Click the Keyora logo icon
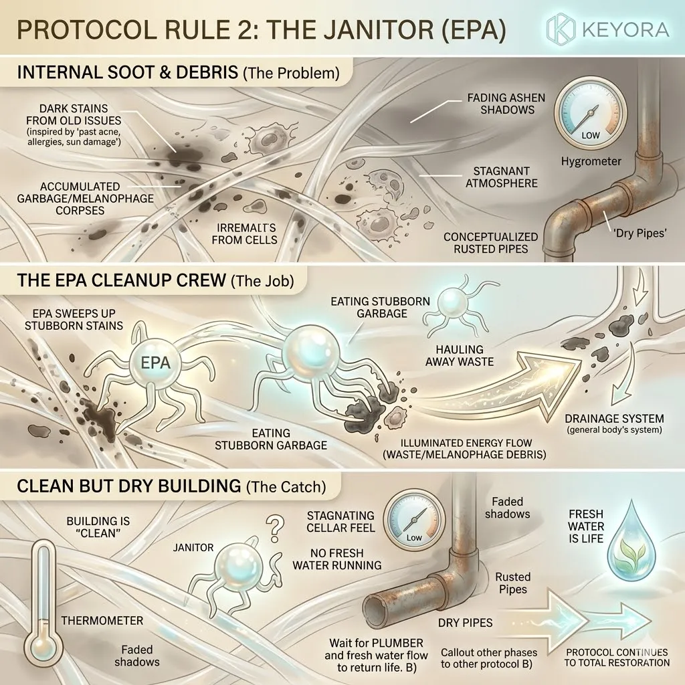point(561,29)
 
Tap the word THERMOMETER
point(102,620)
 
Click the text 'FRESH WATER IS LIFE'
point(585,526)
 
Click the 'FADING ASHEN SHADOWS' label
point(506,104)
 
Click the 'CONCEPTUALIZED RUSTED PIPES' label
point(491,243)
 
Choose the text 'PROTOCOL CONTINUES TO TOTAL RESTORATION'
point(617,657)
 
